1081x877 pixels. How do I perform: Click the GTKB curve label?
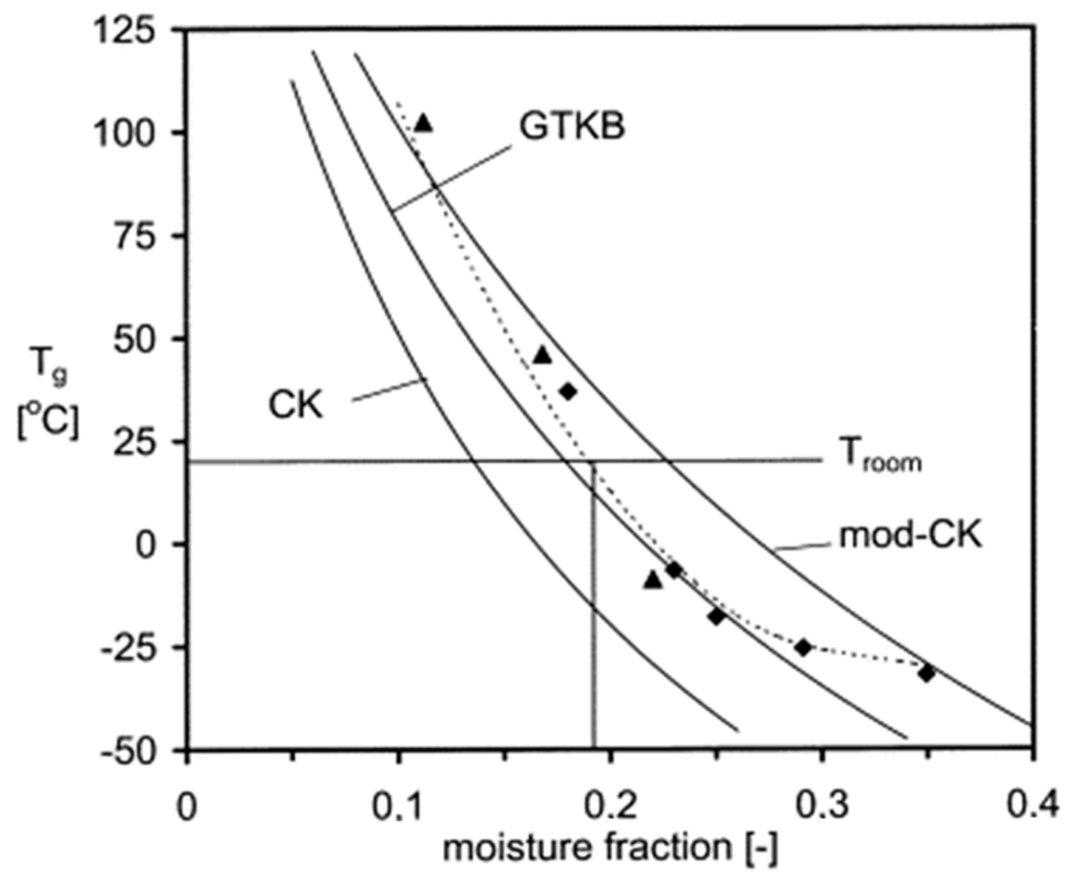[572, 125]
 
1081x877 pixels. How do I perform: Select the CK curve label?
[295, 404]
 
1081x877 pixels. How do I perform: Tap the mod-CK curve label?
[910, 536]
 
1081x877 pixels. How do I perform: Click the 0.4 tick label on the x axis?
[1032, 806]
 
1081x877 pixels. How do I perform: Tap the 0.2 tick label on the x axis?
[611, 806]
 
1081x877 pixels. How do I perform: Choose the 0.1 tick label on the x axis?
[399, 806]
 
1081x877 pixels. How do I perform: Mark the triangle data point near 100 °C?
[424, 123]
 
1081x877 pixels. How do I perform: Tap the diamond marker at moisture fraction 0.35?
[927, 673]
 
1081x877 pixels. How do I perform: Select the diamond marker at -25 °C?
[803, 648]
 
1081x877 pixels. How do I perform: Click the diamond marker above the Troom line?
[568, 392]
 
